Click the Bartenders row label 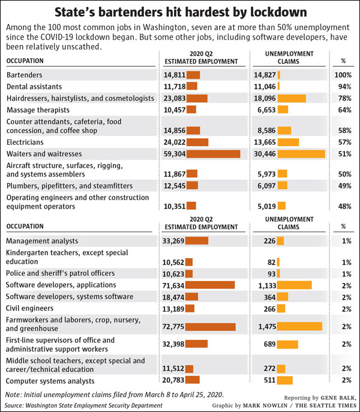pyautogui.click(x=24, y=75)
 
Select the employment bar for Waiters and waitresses pyautogui.click(x=213, y=154)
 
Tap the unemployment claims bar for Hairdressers pyautogui.click(x=292, y=98)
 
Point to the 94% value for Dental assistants pyautogui.click(x=344, y=86)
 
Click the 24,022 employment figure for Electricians pyautogui.click(x=175, y=142)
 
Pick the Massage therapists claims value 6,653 pyautogui.click(x=266, y=110)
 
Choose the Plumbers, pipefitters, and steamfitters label pyautogui.click(x=70, y=186)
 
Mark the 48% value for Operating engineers pyautogui.click(x=344, y=206)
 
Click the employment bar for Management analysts pyautogui.click(x=197, y=241)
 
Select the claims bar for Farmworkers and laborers pyautogui.click(x=299, y=326)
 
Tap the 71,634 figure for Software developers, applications pyautogui.click(x=173, y=285)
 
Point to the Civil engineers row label pyautogui.click(x=29, y=308)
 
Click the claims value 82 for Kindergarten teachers pyautogui.click(x=272, y=262)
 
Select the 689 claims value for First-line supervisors pyautogui.click(x=269, y=344)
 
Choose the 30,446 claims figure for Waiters pyautogui.click(x=265, y=154)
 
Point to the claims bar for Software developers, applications pyautogui.click(x=295, y=285)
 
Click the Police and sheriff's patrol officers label pyautogui.click(x=60, y=273)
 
